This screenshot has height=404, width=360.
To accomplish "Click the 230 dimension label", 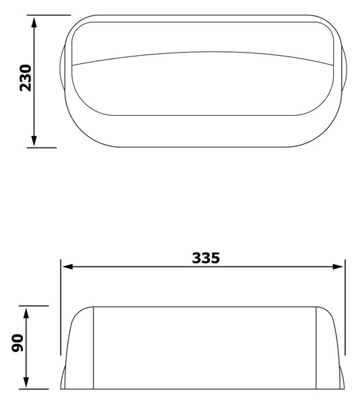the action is click(26, 78).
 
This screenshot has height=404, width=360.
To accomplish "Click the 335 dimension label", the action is click(206, 258).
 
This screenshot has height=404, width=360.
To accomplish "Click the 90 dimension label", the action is click(17, 343).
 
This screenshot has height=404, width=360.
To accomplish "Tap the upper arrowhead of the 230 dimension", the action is click(34, 22).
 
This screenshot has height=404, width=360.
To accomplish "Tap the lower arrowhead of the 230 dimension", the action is click(34, 141).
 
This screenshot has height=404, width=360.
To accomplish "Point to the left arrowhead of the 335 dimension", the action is click(68, 267).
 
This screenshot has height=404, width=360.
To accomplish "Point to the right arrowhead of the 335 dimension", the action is click(338, 267).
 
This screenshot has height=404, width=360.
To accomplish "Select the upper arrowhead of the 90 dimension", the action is click(26, 313).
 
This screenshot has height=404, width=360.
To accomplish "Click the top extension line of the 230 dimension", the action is click(48, 15).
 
